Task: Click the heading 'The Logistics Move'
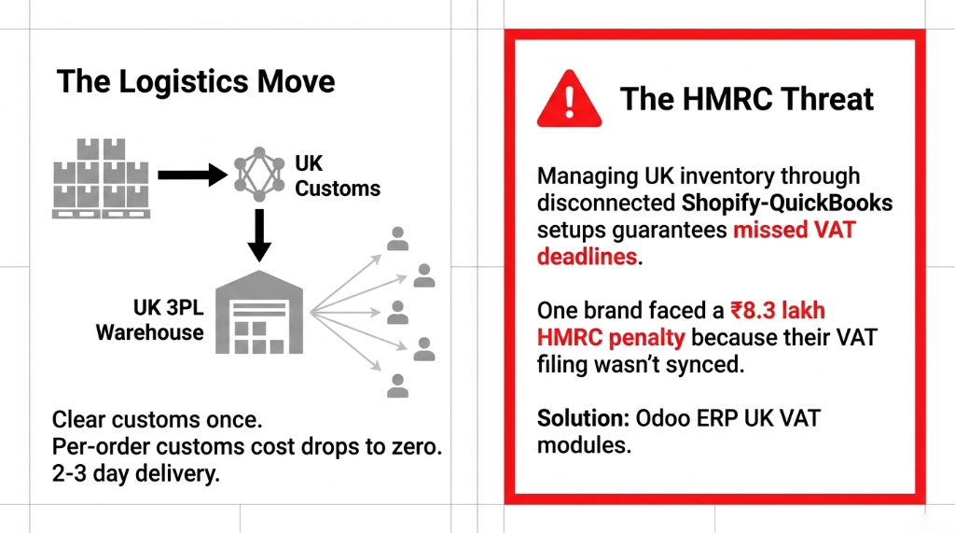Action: tap(196, 81)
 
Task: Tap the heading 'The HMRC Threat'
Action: tap(747, 99)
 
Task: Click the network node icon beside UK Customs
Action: tap(256, 174)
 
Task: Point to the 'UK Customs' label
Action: tap(337, 175)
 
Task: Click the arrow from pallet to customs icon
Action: tap(191, 174)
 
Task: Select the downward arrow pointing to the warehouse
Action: tap(258, 234)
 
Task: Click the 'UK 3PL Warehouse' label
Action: tap(149, 319)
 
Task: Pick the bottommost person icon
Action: tap(398, 385)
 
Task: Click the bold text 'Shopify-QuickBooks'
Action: tap(787, 203)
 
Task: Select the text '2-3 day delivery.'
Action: tap(136, 474)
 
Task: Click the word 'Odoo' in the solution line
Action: tap(664, 417)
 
